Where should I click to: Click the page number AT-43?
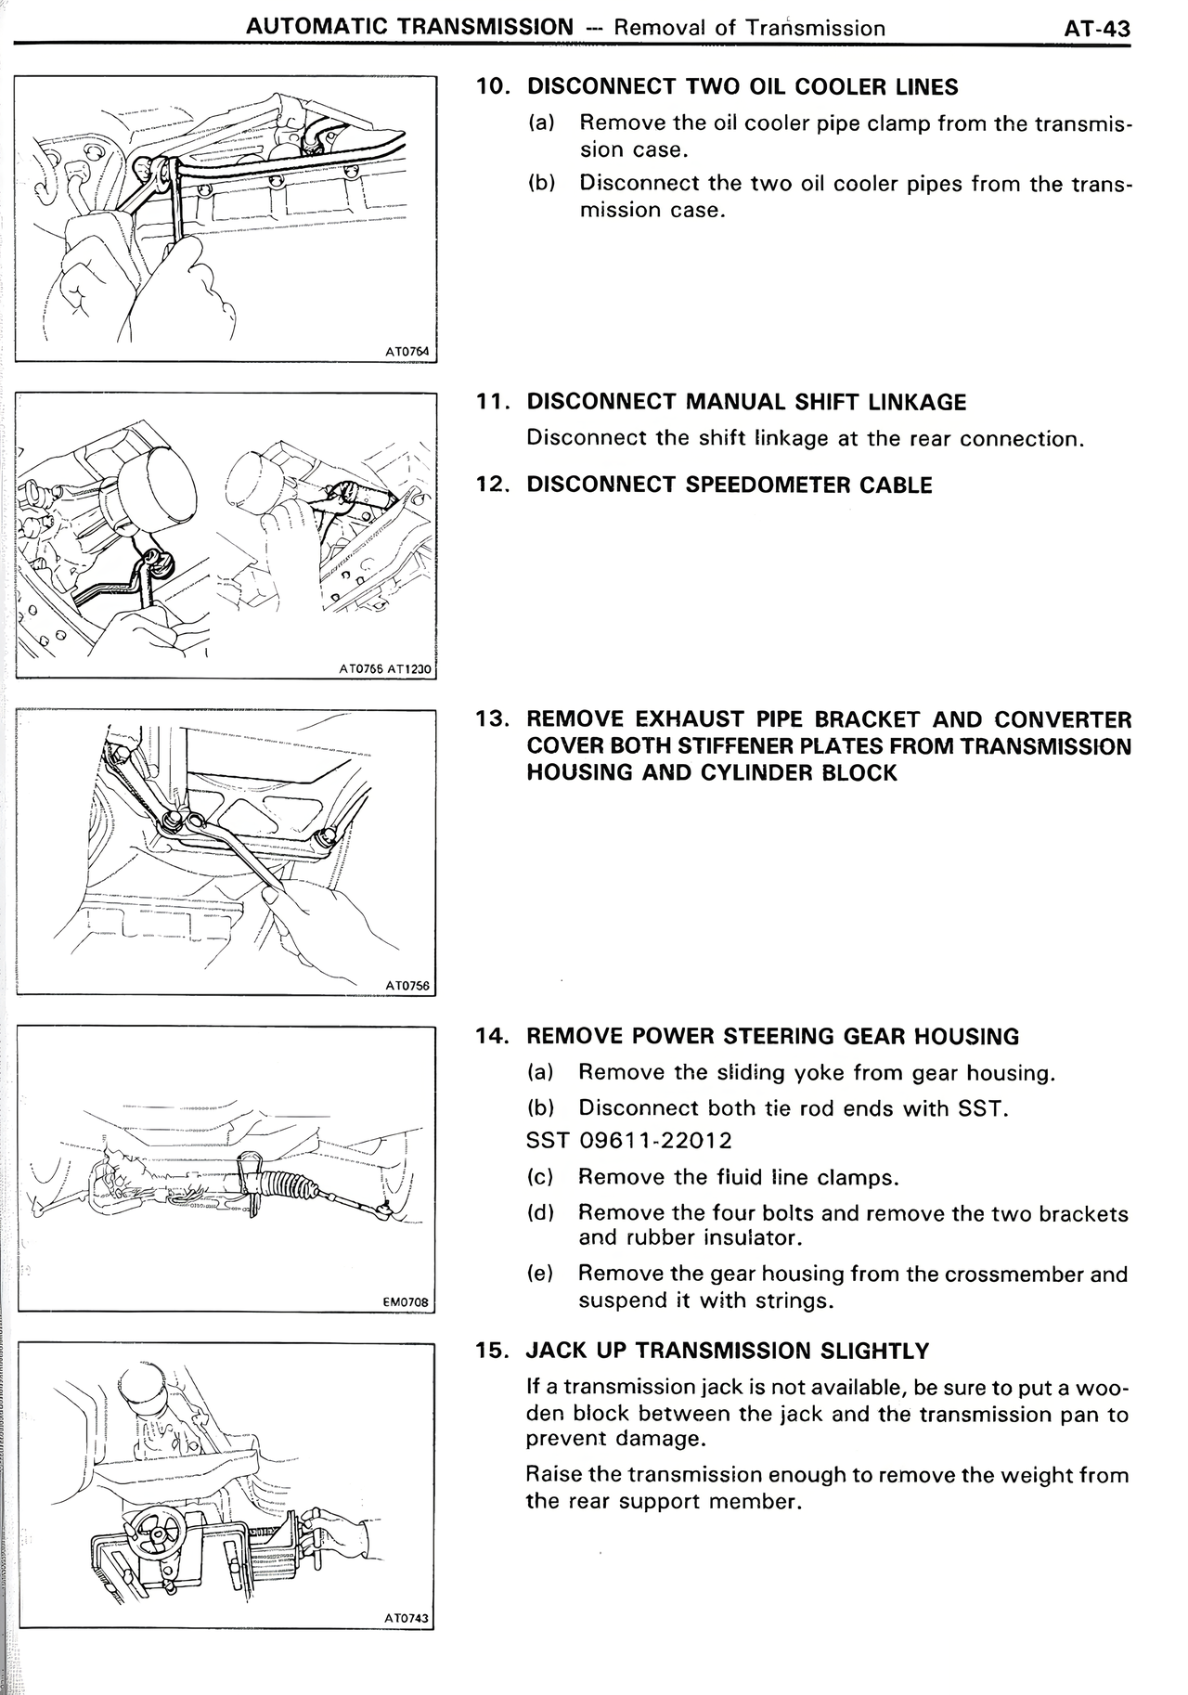(1097, 29)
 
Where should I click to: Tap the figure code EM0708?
(407, 1302)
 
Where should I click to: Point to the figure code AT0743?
(407, 1618)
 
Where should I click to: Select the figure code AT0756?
(408, 986)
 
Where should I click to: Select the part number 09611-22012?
(655, 1141)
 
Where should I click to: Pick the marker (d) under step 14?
(540, 1213)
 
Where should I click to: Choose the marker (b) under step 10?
(541, 183)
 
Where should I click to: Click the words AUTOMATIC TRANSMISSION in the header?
(409, 27)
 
